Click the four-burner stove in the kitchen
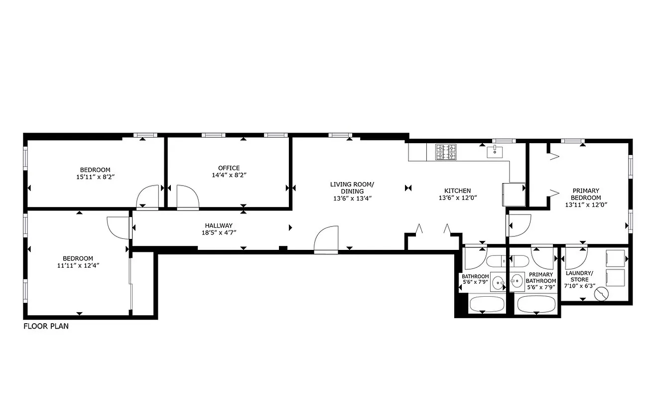[x=446, y=152]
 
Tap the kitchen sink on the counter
[x=496, y=152]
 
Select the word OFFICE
[x=229, y=168]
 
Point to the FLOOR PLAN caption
[x=46, y=327]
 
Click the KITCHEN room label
[x=457, y=191]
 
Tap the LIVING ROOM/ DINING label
[x=353, y=188]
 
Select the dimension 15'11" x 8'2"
[x=95, y=177]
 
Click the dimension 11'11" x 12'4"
[x=79, y=266]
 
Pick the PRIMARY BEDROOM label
[x=585, y=194]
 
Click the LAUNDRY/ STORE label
[x=579, y=276]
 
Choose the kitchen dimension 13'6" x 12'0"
[x=457, y=198]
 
